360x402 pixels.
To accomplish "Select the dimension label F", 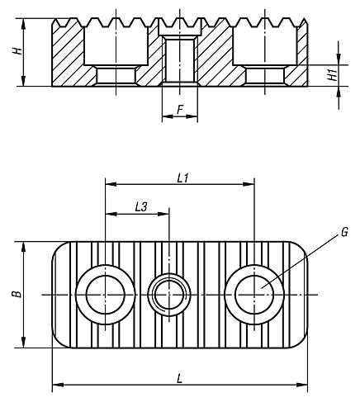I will pos(179,107).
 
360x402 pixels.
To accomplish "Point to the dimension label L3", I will pos(141,208).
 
